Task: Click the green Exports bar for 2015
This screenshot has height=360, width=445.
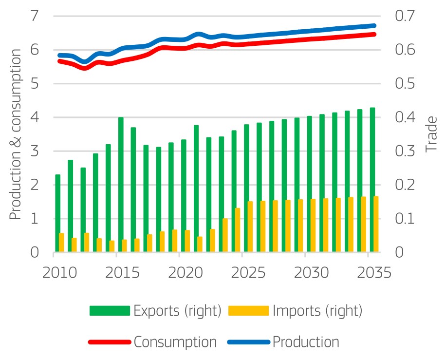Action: [x=121, y=185]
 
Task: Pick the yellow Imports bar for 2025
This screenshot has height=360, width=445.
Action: [x=250, y=227]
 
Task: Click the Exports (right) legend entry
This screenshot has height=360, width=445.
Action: [x=156, y=310]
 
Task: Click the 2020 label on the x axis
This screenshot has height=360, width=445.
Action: [x=180, y=271]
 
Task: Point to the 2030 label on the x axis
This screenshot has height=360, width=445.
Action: [x=305, y=271]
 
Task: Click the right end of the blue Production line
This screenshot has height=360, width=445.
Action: [x=374, y=25]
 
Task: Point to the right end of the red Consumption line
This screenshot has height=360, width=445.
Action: [x=374, y=34]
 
